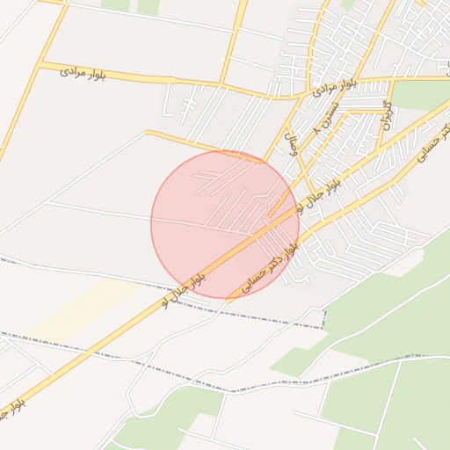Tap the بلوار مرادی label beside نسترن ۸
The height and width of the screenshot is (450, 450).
[333, 86]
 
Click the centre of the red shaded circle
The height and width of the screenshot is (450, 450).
[225, 224]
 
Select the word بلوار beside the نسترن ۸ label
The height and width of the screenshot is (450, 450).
[345, 83]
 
